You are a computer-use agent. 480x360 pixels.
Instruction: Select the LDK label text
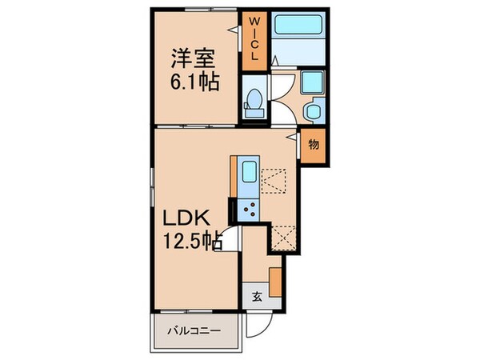click(189, 218)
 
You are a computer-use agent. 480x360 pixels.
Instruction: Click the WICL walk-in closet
click(253, 40)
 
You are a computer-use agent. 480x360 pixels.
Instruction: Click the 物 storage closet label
click(314, 145)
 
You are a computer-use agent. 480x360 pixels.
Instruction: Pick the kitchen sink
click(249, 173)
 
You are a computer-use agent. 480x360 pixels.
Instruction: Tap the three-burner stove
click(249, 210)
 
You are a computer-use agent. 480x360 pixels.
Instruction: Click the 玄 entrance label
click(258, 295)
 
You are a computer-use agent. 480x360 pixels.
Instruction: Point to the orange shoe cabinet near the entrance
click(275, 281)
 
